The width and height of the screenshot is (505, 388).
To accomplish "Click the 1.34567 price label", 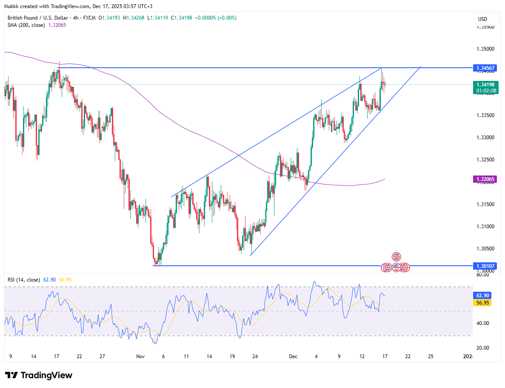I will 485,68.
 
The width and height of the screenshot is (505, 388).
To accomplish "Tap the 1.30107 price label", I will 485,266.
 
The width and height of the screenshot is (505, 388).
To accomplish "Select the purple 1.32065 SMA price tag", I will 485,179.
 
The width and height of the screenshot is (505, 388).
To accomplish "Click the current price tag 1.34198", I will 485,84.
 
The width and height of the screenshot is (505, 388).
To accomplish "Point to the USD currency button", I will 482,19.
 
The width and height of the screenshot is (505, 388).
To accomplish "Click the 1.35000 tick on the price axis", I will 485,49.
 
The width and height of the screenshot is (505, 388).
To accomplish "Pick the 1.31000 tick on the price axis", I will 485,226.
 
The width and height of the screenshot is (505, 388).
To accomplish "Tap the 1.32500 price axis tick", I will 485,160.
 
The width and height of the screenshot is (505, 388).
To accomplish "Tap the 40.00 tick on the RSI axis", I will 482,323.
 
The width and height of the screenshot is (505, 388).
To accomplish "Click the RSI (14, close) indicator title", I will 24,280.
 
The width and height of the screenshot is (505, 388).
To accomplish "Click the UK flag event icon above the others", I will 396,257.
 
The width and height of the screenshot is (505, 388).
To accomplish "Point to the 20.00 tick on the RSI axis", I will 482,348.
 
